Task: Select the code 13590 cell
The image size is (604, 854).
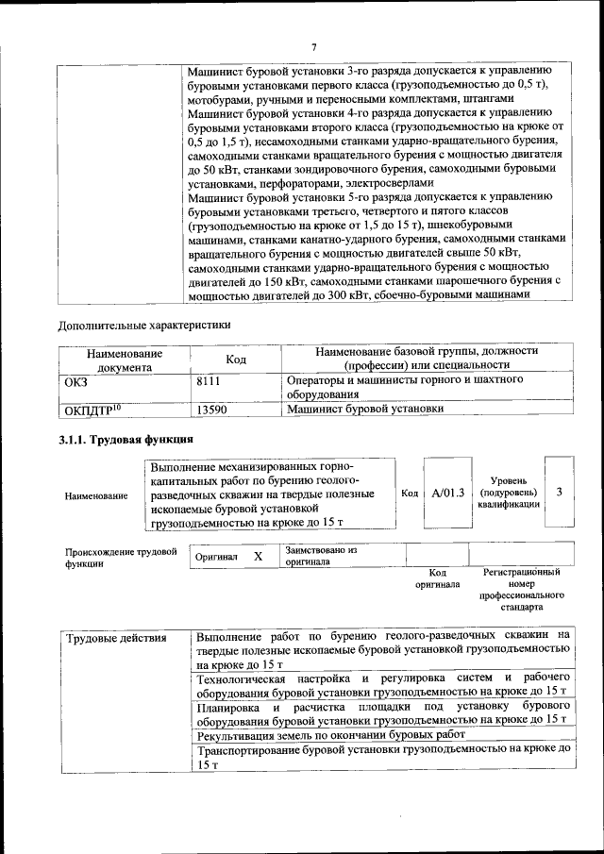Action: point(212,410)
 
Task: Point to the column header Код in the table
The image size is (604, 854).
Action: point(235,359)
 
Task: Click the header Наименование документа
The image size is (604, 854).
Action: point(125,359)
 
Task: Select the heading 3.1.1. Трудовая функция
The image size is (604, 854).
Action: point(126,440)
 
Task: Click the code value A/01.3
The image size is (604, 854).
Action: point(447,493)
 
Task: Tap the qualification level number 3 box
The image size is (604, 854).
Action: point(559,492)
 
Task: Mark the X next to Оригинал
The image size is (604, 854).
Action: point(258,557)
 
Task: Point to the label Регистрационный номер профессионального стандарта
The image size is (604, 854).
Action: point(521,590)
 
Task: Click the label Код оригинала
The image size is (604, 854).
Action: point(437,578)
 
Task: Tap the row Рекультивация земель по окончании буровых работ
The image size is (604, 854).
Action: point(331,734)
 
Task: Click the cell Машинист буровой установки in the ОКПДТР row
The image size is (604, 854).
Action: point(364,410)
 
